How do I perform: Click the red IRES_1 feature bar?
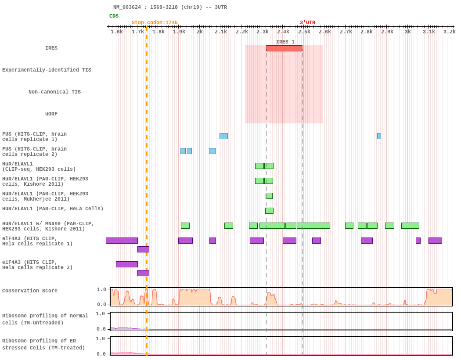(284, 48)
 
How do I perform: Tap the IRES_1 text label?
(285, 42)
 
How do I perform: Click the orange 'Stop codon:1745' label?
(155, 23)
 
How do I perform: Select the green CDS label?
(114, 16)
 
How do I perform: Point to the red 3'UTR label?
(307, 23)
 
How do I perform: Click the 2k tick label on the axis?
(200, 32)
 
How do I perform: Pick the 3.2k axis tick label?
(449, 32)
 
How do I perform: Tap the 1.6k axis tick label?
(117, 32)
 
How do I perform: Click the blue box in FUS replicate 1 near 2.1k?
(223, 136)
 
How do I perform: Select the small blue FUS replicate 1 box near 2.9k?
(379, 136)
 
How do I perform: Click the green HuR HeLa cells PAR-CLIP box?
(269, 211)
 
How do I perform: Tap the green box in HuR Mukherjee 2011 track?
(269, 196)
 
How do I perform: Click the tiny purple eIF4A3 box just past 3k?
(418, 241)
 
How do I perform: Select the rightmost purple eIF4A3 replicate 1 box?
(435, 241)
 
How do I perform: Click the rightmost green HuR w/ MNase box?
(410, 226)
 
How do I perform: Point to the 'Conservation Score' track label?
(30, 291)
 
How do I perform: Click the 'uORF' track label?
(51, 114)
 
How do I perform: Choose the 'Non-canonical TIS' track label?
(54, 92)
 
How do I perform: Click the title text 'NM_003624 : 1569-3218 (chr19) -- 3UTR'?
(170, 7)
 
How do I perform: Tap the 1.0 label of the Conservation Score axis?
(101, 289)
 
